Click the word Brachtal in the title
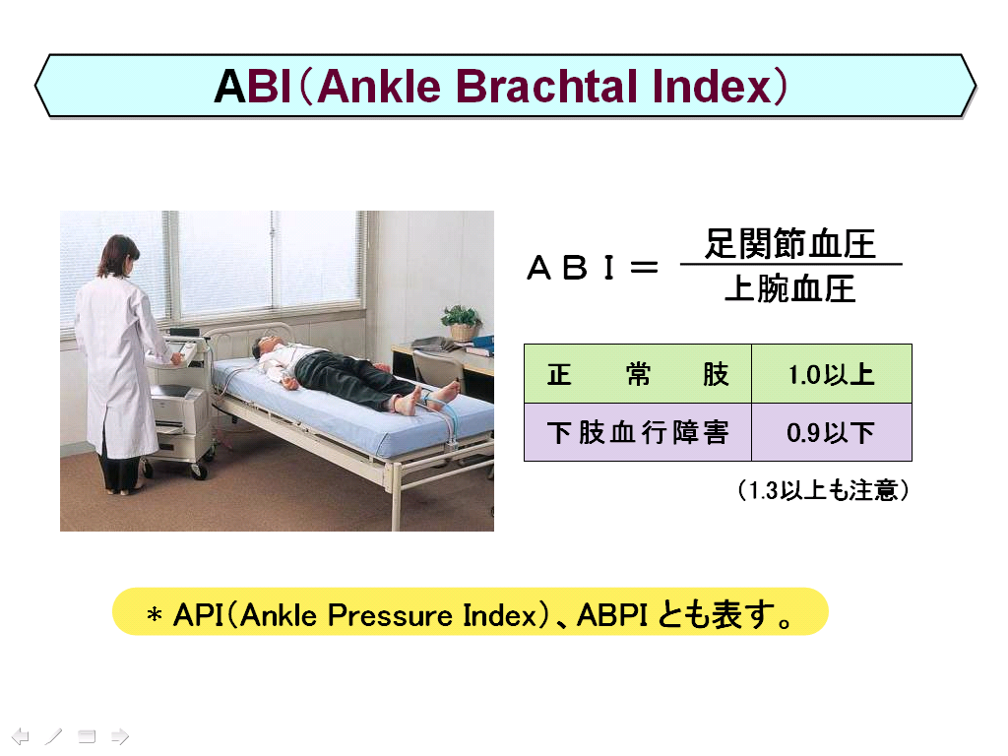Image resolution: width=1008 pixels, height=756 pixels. click(547, 87)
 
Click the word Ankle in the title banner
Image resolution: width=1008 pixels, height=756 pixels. click(379, 87)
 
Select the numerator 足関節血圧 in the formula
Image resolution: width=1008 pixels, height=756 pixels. click(790, 244)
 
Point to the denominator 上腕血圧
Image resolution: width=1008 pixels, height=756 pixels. click(790, 288)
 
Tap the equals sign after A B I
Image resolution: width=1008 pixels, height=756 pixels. click(644, 268)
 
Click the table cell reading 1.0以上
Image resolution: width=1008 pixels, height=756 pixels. click(831, 374)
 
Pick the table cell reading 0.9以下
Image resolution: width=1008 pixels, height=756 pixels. click(831, 432)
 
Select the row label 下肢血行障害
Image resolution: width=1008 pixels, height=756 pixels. click(638, 432)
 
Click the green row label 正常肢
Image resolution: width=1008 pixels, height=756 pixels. click(638, 374)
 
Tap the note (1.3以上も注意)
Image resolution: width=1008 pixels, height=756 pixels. click(823, 490)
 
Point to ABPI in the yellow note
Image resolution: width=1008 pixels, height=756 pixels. click(611, 615)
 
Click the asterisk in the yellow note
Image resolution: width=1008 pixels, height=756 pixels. click(155, 615)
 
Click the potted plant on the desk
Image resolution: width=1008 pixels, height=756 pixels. click(461, 323)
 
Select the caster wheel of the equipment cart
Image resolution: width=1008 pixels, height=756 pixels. click(199, 472)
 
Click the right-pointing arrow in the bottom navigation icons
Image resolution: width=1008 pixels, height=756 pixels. click(120, 736)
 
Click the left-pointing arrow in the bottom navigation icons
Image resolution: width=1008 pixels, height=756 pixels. click(21, 736)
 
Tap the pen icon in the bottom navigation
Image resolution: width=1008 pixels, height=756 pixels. click(53, 736)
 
